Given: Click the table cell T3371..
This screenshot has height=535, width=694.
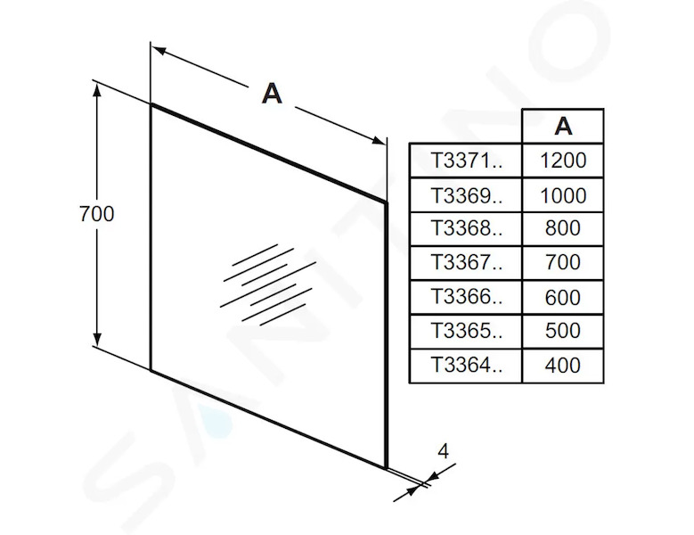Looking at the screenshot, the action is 467,160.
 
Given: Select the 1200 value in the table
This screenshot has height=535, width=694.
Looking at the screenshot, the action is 563,160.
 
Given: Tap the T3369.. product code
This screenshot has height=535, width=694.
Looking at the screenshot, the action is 467,195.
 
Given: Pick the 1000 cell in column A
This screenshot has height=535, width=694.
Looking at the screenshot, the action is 563,195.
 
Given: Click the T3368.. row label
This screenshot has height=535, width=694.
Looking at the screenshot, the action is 467,228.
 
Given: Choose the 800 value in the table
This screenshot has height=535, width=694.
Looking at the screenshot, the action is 562,228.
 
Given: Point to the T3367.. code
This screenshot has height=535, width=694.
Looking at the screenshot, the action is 467,262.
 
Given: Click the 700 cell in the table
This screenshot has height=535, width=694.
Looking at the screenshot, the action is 562,262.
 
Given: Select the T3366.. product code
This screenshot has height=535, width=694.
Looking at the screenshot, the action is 467,297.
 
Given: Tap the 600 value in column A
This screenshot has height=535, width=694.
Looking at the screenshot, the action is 562,297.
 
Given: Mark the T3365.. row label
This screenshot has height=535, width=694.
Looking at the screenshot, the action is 467,331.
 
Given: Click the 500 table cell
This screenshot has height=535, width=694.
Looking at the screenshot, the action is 562,331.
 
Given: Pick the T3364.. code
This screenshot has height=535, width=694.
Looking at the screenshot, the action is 467,366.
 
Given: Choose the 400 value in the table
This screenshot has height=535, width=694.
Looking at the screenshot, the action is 562,366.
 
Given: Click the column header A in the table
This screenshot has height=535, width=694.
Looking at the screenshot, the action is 563,127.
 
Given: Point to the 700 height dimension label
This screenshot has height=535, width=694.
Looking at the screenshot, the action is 97,213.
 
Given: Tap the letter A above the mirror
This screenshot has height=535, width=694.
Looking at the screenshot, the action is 272,94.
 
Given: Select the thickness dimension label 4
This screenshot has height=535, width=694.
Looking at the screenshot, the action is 443,451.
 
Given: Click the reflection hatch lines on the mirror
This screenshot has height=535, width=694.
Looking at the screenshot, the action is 268,284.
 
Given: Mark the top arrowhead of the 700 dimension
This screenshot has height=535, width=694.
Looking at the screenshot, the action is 97,89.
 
